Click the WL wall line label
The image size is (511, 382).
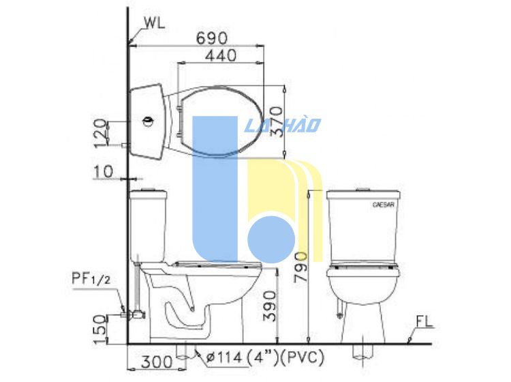click(x=155, y=23)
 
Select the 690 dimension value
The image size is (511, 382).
click(x=212, y=38)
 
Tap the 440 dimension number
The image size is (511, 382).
click(x=221, y=55)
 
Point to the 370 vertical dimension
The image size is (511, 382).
click(x=277, y=121)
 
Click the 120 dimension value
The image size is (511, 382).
click(x=100, y=133)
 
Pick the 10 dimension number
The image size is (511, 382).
click(x=104, y=172)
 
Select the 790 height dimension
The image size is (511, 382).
click(x=300, y=267)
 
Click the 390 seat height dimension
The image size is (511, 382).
click(x=270, y=307)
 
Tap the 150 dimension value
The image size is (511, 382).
click(x=101, y=329)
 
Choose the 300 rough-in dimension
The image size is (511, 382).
click(x=157, y=362)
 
